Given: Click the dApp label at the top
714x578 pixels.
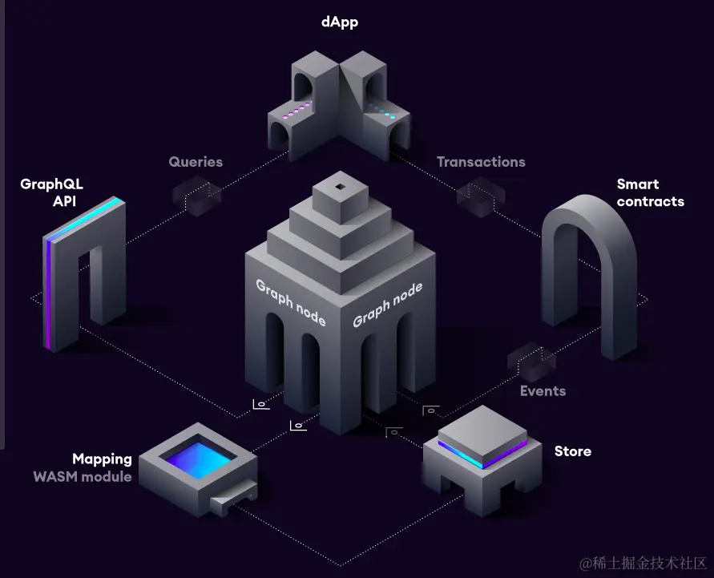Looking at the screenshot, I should tap(339, 22).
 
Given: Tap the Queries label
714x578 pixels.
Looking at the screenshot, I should tap(196, 162).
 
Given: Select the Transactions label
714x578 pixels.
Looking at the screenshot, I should tap(481, 162).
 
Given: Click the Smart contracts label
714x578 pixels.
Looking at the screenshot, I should tap(650, 193).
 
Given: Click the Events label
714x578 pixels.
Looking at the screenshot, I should tap(543, 391).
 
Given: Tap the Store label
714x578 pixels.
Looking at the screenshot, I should tap(573, 451).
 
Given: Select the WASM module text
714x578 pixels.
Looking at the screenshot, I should tap(83, 476).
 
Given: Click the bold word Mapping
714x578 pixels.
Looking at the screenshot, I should tap(102, 459).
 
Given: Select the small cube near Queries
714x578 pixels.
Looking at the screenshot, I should tap(196, 195).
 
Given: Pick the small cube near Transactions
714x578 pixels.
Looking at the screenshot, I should tap(481, 195).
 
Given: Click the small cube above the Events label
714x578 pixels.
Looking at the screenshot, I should tap(531, 362).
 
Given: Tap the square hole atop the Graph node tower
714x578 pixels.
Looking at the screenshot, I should tap(341, 188).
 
